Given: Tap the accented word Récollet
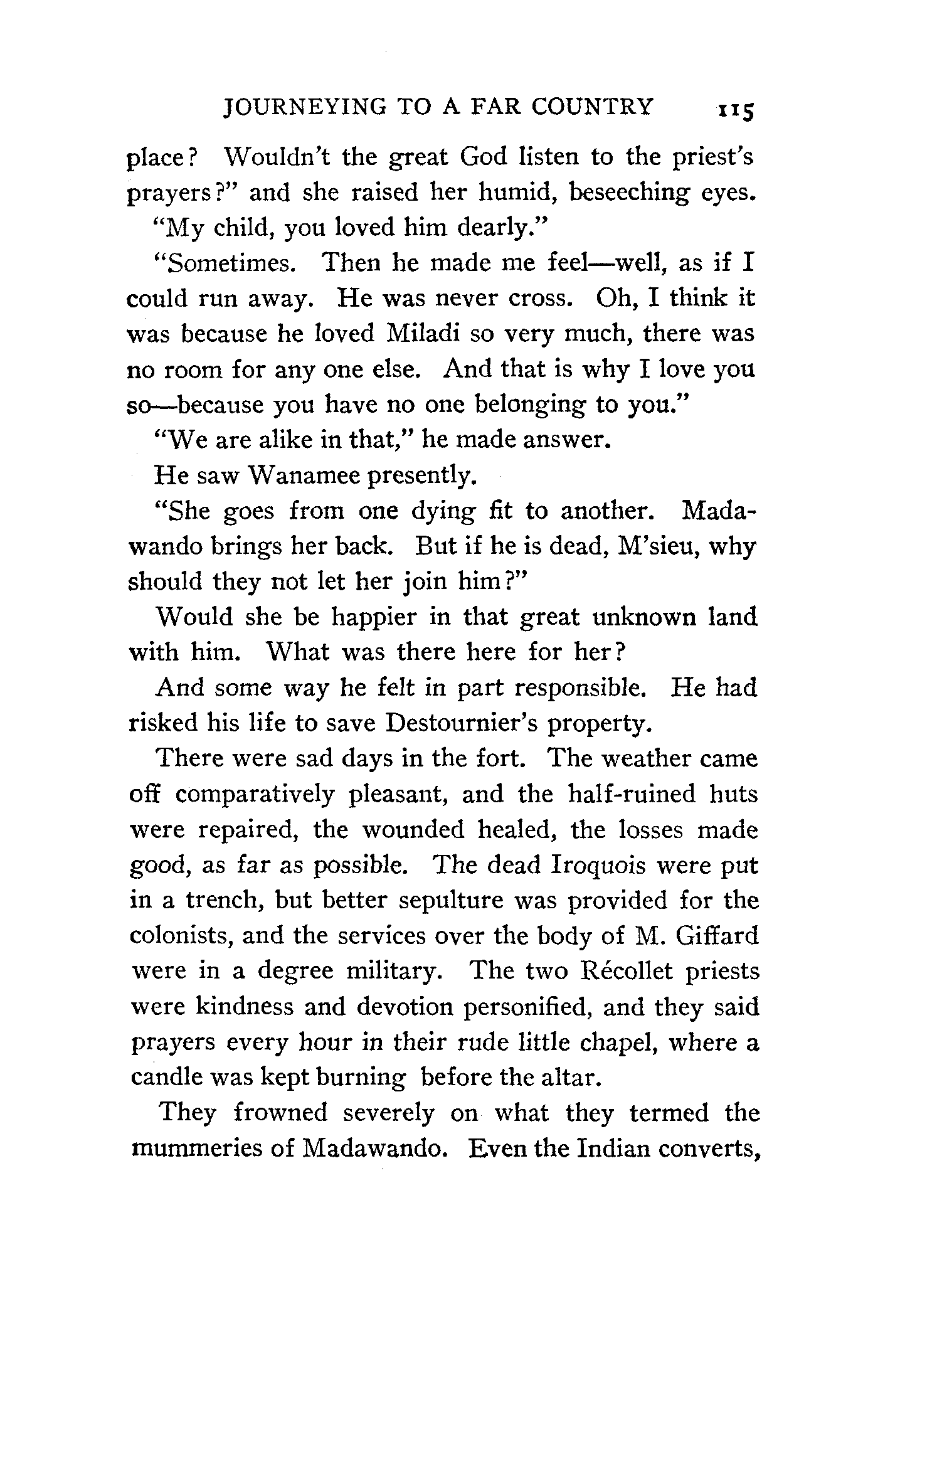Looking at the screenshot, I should (x=627, y=971).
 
